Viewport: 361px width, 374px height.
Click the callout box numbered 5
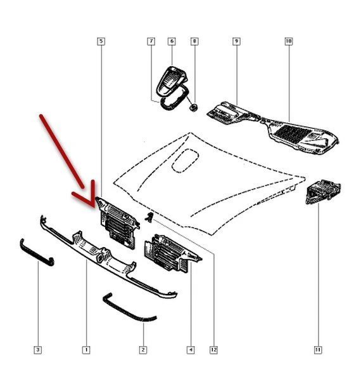tap(101, 41)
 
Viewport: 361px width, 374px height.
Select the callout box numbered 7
tap(151, 41)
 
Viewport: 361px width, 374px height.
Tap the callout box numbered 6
tap(172, 41)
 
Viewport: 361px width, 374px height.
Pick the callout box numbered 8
tap(194, 41)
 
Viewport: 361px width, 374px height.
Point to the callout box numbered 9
tap(236, 41)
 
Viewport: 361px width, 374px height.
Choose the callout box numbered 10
tap(289, 41)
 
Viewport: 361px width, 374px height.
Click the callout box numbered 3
tap(38, 350)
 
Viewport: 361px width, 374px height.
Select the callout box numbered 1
tap(86, 350)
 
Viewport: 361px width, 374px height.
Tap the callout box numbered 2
tap(143, 350)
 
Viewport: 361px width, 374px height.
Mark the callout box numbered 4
tap(191, 350)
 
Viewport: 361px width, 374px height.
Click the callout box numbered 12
tap(213, 350)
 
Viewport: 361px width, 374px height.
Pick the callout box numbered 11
tap(318, 350)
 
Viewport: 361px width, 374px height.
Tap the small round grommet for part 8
tap(194, 107)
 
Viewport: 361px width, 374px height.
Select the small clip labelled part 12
tap(149, 217)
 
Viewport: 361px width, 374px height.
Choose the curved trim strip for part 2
tap(129, 309)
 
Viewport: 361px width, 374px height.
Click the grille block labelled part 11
tap(323, 192)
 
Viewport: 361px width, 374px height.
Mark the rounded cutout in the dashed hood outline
tap(185, 161)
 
